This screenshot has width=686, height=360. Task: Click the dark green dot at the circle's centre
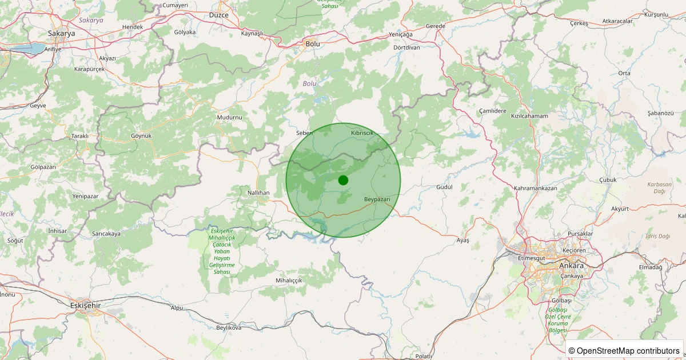click(x=343, y=180)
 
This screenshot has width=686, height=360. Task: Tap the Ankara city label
click(x=572, y=266)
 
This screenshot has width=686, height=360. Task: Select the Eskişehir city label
click(x=85, y=306)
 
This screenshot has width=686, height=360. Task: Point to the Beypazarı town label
click(x=377, y=199)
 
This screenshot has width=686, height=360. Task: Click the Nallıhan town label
click(x=258, y=193)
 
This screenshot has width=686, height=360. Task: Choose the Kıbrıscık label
click(x=362, y=133)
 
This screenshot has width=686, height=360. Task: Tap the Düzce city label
click(x=218, y=14)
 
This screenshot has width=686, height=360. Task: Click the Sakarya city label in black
click(x=61, y=34)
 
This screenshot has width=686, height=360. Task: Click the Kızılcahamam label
click(x=529, y=116)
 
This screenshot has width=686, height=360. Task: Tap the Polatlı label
click(x=424, y=356)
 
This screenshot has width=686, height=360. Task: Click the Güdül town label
click(x=444, y=187)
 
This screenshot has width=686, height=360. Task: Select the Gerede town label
click(x=435, y=26)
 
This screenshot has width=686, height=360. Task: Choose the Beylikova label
click(x=229, y=327)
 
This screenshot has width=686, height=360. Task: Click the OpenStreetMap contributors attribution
click(x=625, y=350)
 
